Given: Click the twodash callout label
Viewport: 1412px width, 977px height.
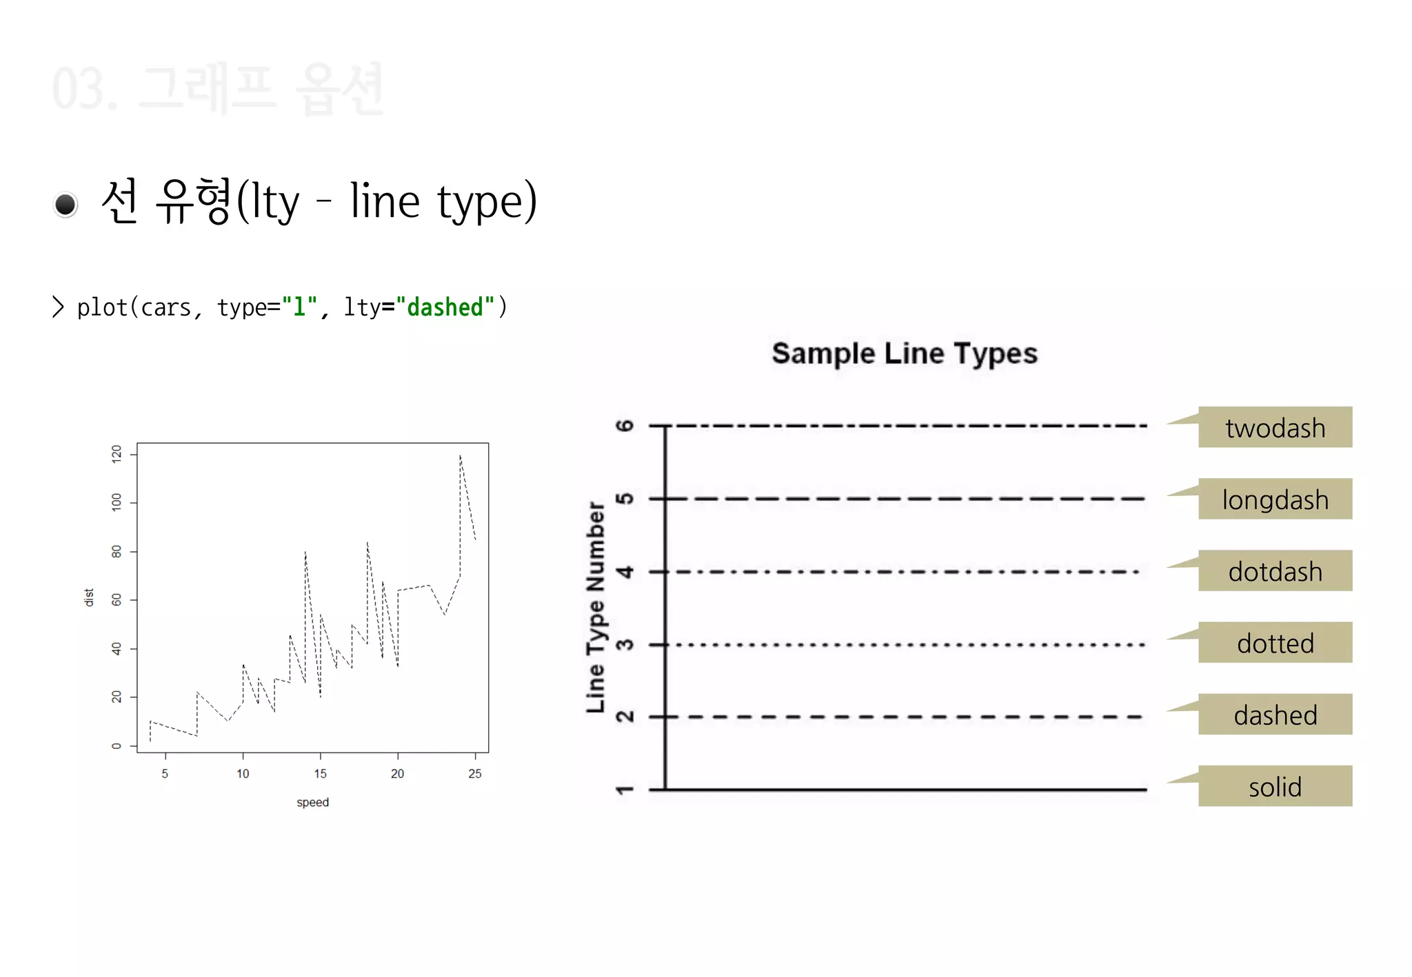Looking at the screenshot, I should [1274, 428].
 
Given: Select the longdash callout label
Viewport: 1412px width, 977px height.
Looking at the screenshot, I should [1274, 500].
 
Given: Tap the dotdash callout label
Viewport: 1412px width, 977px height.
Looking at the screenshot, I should [1274, 571].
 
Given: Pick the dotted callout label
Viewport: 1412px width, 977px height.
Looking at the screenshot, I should [1274, 643].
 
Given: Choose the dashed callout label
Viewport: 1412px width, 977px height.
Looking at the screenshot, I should [1274, 714].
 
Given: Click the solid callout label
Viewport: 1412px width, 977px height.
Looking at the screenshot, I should [1274, 786].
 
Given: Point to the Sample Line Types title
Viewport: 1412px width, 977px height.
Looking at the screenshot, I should [904, 353].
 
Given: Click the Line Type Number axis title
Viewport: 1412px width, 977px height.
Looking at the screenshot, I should [596, 606].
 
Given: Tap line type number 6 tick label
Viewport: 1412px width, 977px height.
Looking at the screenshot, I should [625, 426].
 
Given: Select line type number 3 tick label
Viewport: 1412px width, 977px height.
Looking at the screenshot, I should [625, 645].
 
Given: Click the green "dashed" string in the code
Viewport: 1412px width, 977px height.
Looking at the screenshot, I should [445, 307].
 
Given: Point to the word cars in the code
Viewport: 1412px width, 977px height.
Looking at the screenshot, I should [165, 308].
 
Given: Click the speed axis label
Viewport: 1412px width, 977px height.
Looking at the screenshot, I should [312, 802].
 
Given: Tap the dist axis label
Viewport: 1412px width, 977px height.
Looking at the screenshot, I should [89, 597].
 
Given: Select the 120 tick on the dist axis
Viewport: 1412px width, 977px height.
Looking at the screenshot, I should [117, 453].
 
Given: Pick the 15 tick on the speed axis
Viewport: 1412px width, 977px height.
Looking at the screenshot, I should [320, 774].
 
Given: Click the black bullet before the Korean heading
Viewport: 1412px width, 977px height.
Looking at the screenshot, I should [65, 205].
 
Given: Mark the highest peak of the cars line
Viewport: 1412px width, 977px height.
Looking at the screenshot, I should [460, 455].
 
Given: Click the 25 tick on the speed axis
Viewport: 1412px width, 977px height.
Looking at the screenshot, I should [474, 774].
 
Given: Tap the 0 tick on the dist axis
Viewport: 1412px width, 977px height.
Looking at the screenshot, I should [117, 745].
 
